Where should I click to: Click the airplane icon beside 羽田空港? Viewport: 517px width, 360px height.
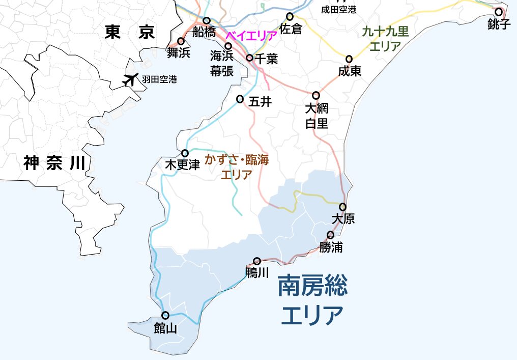pos(131,79)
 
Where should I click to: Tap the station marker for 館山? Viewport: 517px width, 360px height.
pos(165,315)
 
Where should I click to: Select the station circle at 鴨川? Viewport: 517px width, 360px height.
pos(257,261)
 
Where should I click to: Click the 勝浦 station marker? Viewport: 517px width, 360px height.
pos(331,235)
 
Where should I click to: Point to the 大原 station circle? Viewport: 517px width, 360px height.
pos(343,207)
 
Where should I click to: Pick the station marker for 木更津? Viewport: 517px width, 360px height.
pos(185,153)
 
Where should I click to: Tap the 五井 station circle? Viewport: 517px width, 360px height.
pos(240,99)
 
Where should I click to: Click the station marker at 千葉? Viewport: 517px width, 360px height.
pos(249,58)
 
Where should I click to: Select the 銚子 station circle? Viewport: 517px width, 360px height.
pos(499,12)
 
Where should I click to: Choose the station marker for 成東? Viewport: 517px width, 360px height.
pos(349,59)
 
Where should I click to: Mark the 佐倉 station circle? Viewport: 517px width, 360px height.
pos(290,16)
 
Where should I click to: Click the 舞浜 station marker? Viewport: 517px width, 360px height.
pos(181,41)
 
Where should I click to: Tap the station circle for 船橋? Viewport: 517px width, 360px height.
pos(207,21)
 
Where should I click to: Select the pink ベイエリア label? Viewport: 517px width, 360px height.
pos(251,36)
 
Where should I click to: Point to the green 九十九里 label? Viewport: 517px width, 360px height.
pos(385,32)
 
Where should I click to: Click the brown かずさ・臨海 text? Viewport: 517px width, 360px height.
pos(237,159)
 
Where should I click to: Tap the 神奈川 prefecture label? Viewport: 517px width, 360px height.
pos(54,163)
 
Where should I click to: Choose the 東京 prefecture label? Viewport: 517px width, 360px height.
pos(129,33)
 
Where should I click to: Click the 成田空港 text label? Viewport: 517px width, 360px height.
pos(339,9)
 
